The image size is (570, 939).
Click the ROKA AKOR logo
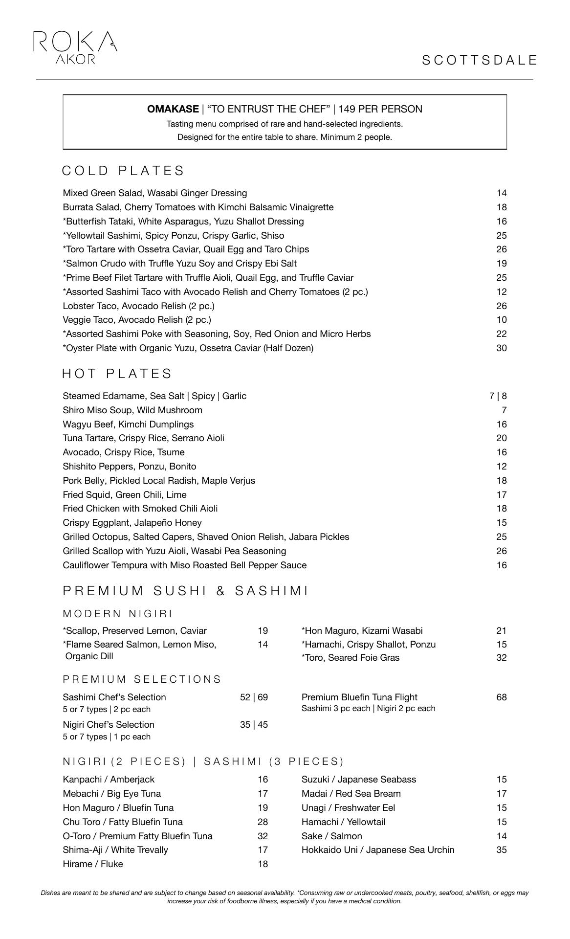click(75, 47)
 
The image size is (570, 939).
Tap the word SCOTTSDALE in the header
click(479, 60)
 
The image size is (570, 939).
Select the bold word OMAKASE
click(173, 109)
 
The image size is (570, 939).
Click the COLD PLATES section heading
click(123, 171)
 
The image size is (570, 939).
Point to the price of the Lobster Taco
click(501, 306)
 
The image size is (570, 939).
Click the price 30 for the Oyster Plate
click(501, 348)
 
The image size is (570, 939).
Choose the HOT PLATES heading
click(117, 374)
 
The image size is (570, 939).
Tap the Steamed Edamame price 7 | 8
click(498, 396)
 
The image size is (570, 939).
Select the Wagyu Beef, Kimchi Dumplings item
click(128, 425)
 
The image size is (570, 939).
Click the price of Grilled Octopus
click(501, 537)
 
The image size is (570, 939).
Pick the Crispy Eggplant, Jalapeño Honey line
click(132, 523)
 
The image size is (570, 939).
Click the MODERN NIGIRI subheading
click(118, 614)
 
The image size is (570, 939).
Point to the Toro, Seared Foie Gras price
click(501, 658)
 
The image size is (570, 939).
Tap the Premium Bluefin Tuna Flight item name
click(359, 697)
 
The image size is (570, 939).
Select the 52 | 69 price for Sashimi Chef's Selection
click(254, 697)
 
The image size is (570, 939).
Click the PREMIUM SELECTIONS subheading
click(142, 679)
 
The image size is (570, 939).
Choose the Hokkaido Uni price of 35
click(501, 850)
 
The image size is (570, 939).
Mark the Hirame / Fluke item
click(93, 864)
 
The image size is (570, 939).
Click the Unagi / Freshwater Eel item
click(348, 808)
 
